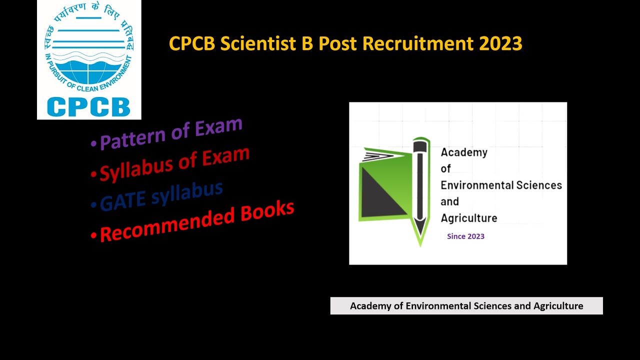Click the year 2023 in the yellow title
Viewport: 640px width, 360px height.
[500, 43]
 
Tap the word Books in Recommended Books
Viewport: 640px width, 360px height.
[267, 213]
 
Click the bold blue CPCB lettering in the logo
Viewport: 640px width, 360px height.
[88, 106]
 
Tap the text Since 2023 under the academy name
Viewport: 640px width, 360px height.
[465, 236]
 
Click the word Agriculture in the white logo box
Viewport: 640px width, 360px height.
[468, 218]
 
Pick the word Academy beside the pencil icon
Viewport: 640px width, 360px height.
[464, 152]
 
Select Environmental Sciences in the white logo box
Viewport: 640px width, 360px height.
[501, 185]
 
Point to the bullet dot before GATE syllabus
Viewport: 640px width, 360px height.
[94, 205]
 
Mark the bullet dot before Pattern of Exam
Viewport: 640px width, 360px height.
[93, 144]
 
